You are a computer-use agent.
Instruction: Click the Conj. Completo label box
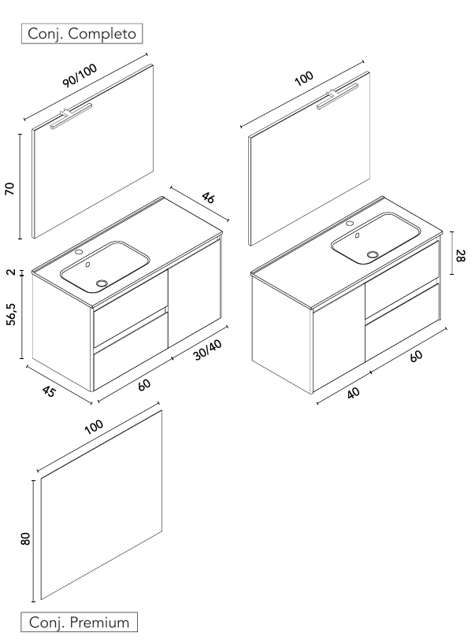(82, 33)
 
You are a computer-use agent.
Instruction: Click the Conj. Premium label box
(79, 622)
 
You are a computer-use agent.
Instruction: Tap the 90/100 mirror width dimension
(80, 76)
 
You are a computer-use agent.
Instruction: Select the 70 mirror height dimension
(10, 188)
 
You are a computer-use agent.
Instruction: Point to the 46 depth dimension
(208, 198)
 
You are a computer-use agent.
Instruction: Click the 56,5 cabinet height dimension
(12, 314)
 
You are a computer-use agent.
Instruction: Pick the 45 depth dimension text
(49, 391)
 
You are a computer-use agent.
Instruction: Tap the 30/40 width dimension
(207, 350)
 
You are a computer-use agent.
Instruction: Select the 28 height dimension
(461, 255)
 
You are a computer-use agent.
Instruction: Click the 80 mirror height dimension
(25, 539)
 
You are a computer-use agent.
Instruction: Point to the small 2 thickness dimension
(12, 272)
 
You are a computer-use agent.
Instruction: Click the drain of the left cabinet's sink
(102, 283)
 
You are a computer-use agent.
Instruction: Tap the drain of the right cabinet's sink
(373, 254)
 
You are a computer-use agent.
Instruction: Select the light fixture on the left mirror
(71, 117)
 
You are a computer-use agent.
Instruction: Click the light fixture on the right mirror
(337, 97)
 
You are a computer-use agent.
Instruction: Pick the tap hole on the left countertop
(79, 252)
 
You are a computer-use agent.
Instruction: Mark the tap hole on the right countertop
(350, 224)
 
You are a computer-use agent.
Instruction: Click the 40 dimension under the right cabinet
(353, 393)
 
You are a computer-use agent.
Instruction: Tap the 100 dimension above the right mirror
(304, 78)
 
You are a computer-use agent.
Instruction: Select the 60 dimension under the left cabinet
(144, 385)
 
